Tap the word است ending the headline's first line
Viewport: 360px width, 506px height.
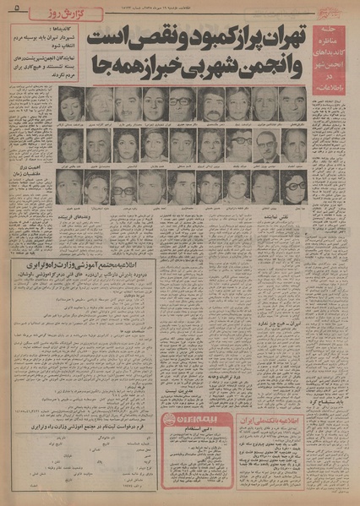pos(107,37)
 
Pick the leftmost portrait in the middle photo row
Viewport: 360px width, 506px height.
pos(69,145)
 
